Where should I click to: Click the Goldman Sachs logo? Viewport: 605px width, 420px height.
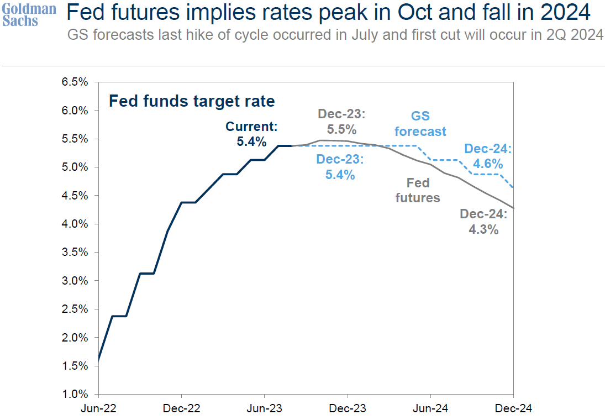pyautogui.click(x=29, y=15)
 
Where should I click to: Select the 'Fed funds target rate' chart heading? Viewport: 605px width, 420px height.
pyautogui.click(x=191, y=102)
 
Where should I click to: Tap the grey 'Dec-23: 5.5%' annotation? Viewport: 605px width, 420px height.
pyautogui.click(x=342, y=122)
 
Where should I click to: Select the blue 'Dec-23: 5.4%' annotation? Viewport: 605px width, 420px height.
pyautogui.click(x=340, y=167)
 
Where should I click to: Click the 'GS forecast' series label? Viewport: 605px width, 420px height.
pyautogui.click(x=420, y=124)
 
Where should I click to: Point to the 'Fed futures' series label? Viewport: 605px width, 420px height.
pyautogui.click(x=418, y=190)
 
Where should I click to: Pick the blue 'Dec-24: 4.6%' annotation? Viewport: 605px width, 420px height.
pyautogui.click(x=488, y=156)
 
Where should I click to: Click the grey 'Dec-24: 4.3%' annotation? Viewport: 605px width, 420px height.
pyautogui.click(x=483, y=222)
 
